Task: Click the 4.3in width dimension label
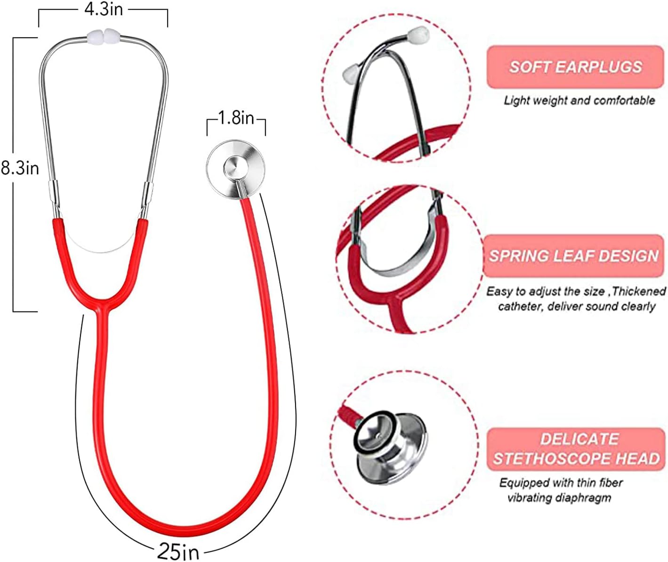click(103, 9)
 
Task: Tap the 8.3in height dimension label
click(20, 168)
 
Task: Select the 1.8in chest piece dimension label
click(236, 118)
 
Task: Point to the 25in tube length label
click(178, 551)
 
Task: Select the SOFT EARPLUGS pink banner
click(575, 67)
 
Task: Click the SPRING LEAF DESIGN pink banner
click(573, 256)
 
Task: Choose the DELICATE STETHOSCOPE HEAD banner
click(576, 449)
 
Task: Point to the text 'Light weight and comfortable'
click(579, 100)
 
